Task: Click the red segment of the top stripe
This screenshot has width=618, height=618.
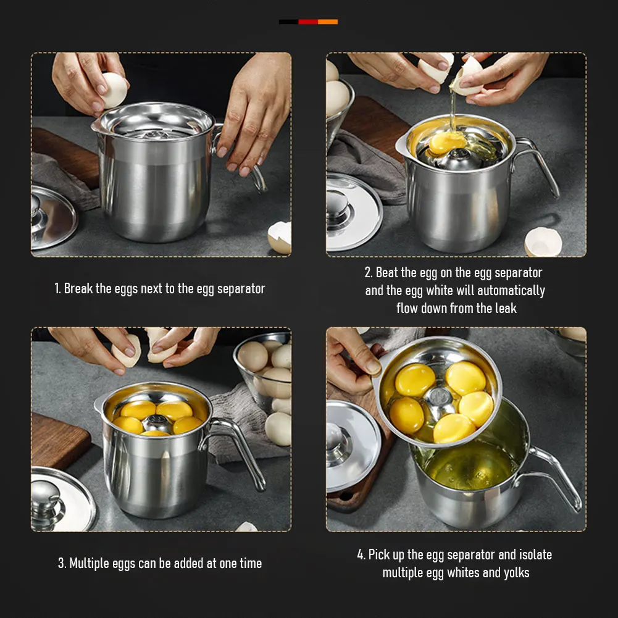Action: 308,22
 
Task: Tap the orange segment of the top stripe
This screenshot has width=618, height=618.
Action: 328,22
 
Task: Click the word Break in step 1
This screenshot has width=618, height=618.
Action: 78,288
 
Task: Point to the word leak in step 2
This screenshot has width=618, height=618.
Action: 506,308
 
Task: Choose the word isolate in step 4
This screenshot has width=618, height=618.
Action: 535,554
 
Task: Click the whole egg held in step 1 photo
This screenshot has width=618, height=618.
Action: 114,90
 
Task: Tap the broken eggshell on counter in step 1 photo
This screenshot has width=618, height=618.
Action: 280,238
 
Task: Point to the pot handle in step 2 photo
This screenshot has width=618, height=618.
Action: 537,165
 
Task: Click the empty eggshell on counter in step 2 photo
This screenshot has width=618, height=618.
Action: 543,241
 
